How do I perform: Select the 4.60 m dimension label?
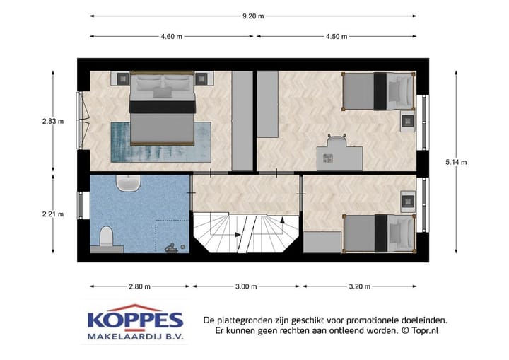172,37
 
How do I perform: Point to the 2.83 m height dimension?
52,121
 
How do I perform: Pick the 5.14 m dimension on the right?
456,163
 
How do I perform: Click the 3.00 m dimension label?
246,286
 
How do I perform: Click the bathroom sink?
129,184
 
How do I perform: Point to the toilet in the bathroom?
107,237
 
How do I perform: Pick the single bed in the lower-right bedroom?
378,233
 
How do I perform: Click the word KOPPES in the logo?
135,320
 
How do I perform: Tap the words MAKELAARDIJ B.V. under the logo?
135,337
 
